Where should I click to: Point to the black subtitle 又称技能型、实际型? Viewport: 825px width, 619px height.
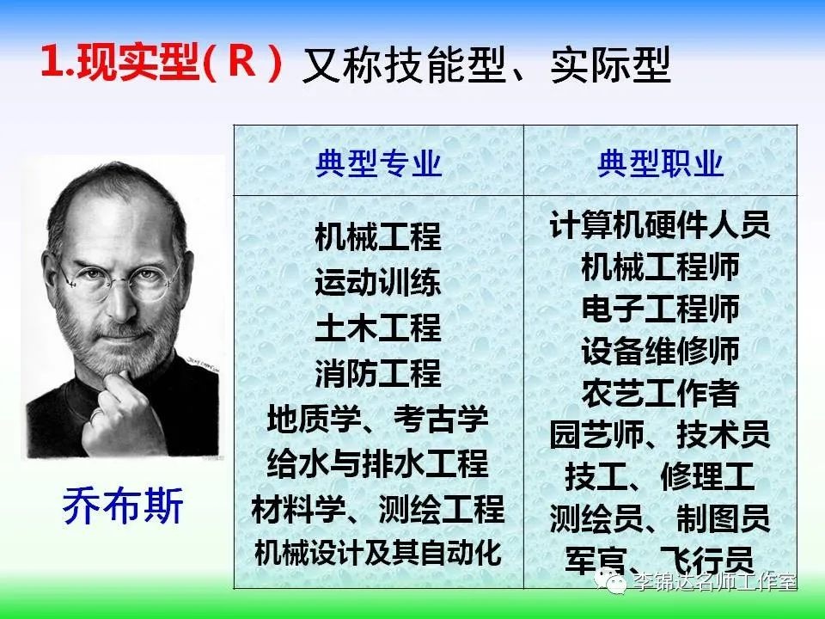pos(486,64)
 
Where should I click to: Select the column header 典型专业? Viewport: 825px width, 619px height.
pos(378,162)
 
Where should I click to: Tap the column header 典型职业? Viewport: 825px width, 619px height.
pos(660,162)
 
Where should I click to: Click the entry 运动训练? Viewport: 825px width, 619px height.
pos(378,283)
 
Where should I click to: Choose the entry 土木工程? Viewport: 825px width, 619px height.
pos(378,328)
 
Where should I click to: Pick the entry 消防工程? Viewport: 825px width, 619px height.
pos(378,373)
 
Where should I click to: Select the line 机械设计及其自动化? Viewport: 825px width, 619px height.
pos(378,552)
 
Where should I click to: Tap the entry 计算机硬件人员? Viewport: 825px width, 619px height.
pos(660,224)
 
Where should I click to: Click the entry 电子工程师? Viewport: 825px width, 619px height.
pos(660,309)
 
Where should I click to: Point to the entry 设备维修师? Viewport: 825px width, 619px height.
pos(660,351)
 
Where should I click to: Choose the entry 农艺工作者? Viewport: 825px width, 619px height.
pos(660,393)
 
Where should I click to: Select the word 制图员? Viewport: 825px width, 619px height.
pos(724,518)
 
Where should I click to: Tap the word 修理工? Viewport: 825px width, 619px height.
pos(707,476)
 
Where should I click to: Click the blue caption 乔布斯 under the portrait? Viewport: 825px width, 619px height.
pos(123,506)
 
